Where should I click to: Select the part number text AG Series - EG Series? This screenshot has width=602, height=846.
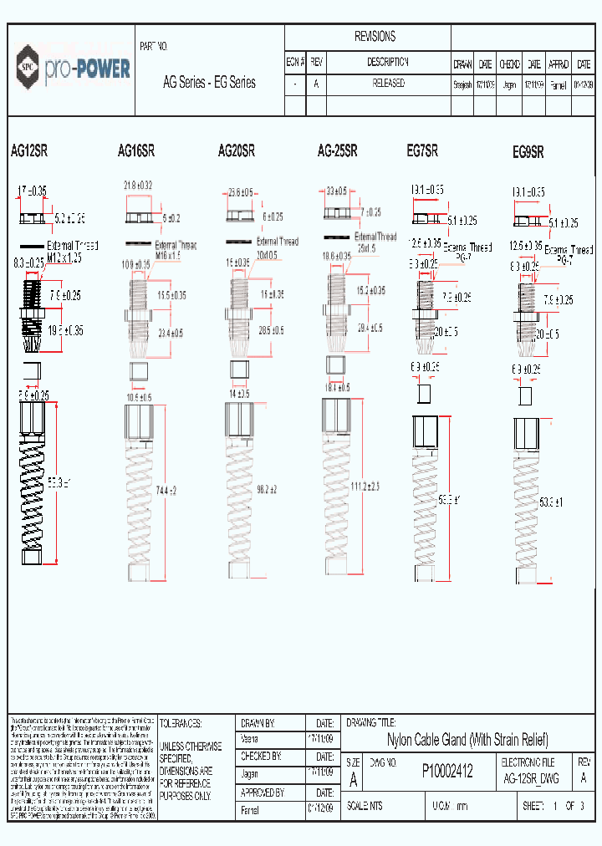(x=209, y=83)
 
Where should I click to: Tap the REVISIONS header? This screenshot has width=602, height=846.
(x=375, y=37)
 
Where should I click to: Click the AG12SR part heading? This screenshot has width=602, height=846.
(x=28, y=152)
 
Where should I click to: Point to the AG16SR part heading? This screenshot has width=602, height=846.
(x=136, y=152)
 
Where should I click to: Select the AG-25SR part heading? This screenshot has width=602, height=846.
(x=338, y=151)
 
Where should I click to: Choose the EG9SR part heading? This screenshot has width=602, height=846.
(x=528, y=152)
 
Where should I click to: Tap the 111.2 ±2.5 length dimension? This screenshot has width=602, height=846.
(x=365, y=487)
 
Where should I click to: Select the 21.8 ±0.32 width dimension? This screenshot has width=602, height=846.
(x=138, y=185)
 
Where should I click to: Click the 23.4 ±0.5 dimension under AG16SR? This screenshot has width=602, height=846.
(x=171, y=333)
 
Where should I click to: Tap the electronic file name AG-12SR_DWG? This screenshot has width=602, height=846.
(x=533, y=778)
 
